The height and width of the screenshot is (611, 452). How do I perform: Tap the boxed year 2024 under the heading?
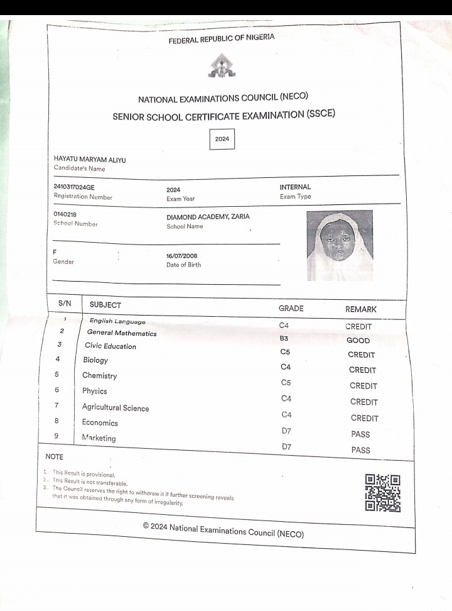(222, 139)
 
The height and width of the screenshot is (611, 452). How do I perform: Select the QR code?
(382, 492)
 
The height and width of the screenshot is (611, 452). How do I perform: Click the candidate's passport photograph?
(340, 245)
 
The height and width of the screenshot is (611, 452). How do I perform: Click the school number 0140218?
(65, 214)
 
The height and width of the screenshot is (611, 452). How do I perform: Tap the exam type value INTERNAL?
(295, 187)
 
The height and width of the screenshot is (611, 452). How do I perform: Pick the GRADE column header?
(291, 309)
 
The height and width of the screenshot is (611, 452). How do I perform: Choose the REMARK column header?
(361, 310)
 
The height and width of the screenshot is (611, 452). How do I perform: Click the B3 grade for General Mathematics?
(284, 339)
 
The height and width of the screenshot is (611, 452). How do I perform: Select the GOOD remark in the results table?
(358, 341)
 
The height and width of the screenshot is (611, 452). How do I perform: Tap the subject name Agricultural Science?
(116, 407)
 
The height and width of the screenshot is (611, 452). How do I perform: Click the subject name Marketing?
(99, 438)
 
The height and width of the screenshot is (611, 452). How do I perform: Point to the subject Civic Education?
(110, 346)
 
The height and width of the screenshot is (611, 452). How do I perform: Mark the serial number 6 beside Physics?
(56, 390)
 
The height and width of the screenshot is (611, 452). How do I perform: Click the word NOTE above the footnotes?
(55, 456)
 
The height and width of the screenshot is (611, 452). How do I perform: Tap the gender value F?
(55, 251)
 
